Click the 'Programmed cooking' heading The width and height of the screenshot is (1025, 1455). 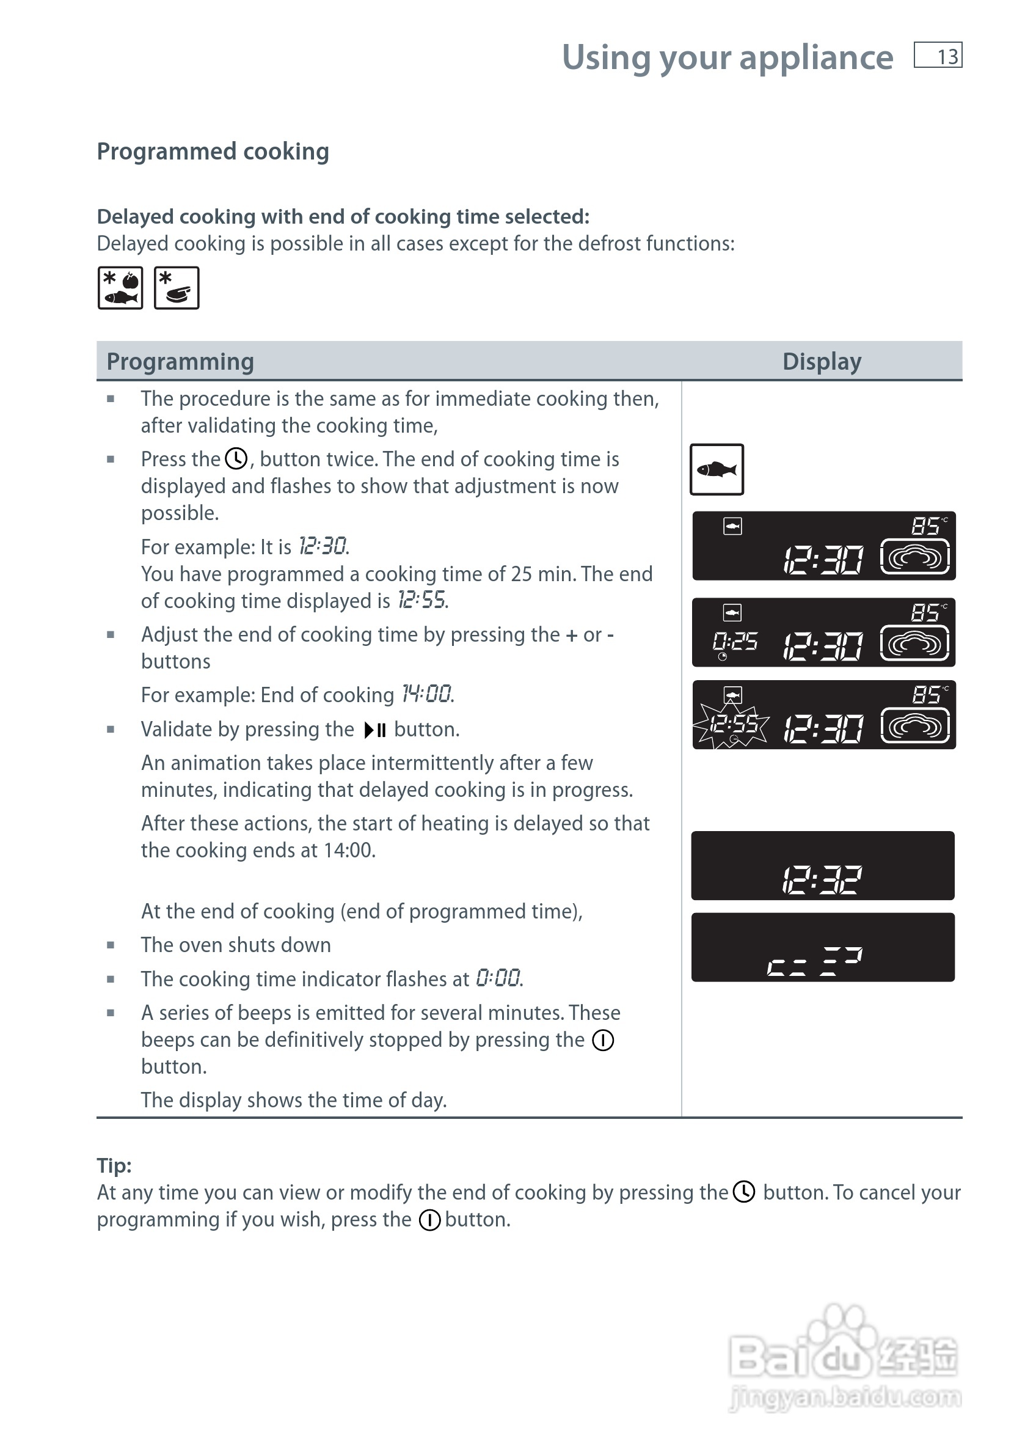(213, 152)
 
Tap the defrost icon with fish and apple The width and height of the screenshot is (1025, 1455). (120, 288)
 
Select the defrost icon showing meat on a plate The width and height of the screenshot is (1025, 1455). (177, 288)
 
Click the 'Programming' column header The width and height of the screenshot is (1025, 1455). (180, 361)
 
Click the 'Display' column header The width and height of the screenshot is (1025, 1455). (822, 361)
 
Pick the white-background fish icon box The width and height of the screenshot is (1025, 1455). (717, 469)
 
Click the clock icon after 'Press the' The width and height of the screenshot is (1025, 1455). (236, 459)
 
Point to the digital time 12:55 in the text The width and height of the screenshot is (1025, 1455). (422, 600)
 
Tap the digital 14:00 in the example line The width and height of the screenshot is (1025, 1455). (427, 695)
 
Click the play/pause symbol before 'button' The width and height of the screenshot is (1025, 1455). (375, 730)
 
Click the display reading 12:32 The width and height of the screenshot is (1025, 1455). (822, 879)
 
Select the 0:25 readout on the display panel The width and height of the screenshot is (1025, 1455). (735, 643)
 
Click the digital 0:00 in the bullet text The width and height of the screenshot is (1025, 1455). (498, 978)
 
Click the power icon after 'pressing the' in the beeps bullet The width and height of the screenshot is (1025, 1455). (603, 1040)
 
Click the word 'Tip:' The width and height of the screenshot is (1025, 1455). (114, 1165)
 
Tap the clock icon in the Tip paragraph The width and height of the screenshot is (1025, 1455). (745, 1192)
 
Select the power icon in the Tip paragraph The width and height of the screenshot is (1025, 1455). (429, 1220)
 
